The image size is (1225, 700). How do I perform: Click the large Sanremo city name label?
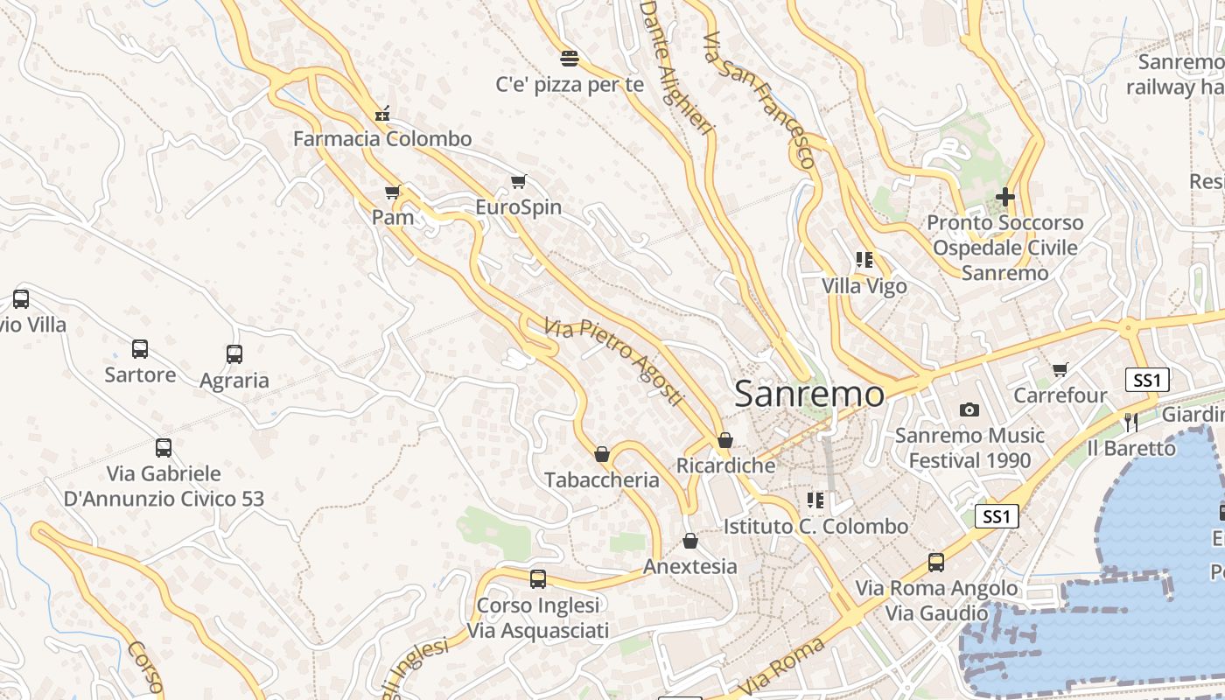(x=809, y=394)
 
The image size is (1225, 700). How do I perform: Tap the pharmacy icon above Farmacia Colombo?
(x=381, y=114)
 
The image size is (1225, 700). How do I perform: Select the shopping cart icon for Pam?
(x=393, y=192)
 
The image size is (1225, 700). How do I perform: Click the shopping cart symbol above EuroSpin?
(x=519, y=182)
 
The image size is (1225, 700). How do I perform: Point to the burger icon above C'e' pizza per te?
(x=570, y=59)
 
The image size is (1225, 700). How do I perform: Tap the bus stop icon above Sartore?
(x=140, y=349)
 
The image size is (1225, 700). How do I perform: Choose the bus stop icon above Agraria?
(x=234, y=354)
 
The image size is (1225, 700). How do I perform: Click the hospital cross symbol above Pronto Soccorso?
(x=1005, y=197)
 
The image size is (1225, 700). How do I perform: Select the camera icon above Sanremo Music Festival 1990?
(x=969, y=409)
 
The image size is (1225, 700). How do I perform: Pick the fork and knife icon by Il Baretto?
(x=1130, y=423)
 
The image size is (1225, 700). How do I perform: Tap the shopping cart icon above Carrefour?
(x=1060, y=370)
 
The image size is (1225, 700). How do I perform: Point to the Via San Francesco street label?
(x=759, y=100)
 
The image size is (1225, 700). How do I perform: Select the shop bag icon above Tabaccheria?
(x=602, y=454)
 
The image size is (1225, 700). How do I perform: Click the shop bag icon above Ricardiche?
(x=724, y=440)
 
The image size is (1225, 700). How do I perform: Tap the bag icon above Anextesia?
(x=690, y=541)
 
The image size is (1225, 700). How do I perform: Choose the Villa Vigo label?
(x=864, y=286)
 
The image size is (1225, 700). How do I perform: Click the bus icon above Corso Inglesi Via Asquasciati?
(x=538, y=578)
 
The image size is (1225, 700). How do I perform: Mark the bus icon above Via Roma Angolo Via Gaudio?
(x=936, y=562)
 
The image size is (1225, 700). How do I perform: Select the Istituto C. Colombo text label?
(x=815, y=527)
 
